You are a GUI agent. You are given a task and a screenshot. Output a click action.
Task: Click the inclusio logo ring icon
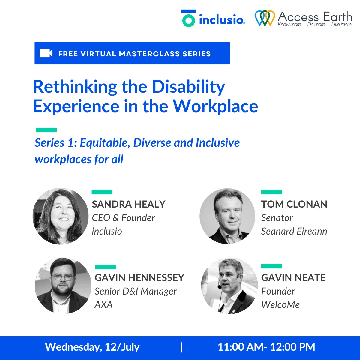pos(188,20)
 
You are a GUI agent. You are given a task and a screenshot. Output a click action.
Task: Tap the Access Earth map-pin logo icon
pos(264,18)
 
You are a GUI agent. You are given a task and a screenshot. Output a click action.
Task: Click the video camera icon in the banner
pos(46,53)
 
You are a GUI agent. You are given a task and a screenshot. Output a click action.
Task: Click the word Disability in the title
pos(188,87)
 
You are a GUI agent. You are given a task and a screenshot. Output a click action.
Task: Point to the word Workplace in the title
pos(215,106)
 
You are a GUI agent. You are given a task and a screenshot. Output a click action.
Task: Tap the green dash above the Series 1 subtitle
pos(46,130)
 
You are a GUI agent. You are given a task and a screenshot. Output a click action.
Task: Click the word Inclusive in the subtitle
pos(217,143)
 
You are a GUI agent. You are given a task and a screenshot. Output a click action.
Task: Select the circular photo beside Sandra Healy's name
pos(61,216)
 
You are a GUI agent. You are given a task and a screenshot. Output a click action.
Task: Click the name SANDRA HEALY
pos(128,204)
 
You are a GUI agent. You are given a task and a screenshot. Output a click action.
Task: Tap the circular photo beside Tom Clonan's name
pos(227,216)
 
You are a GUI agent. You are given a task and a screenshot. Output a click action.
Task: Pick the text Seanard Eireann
pos(294,231)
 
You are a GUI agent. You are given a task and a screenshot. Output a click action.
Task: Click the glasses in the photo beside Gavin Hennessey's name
pos(62,277)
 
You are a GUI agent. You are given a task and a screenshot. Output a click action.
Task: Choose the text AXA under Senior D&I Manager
pos(103,305)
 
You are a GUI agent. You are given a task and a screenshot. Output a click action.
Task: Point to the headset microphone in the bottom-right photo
pos(220,287)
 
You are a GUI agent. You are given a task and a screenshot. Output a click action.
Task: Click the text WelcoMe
pos(280,305)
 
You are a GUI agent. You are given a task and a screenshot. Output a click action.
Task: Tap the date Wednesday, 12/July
pos(92,347)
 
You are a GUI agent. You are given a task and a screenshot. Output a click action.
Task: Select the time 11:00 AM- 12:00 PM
pos(266,347)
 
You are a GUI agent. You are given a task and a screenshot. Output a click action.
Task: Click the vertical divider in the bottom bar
pos(182,347)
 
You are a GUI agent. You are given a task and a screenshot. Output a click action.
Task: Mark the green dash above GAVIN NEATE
pos(271,266)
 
